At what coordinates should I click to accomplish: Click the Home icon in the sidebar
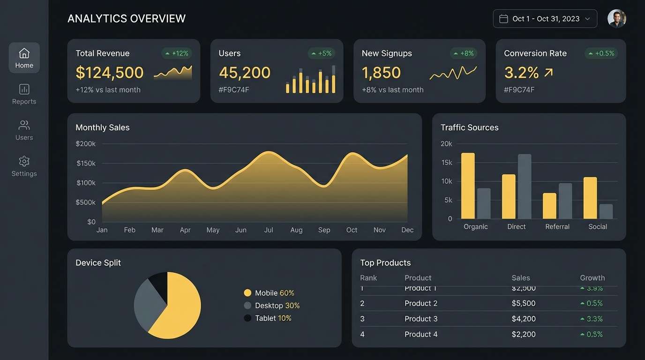coord(24,53)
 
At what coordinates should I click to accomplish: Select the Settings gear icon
coord(24,161)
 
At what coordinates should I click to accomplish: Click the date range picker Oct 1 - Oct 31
coord(545,19)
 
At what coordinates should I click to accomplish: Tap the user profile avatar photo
coord(616,19)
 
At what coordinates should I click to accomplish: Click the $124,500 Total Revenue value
coord(110,73)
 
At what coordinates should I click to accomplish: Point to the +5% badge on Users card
coord(321,53)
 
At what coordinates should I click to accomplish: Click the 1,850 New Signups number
coord(381,73)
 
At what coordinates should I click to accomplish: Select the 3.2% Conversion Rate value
coord(521,73)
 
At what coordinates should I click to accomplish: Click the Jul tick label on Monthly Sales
coord(269,230)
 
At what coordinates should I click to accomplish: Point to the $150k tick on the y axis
coord(86,163)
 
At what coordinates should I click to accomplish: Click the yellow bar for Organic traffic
coord(468,186)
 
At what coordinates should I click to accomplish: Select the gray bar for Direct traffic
coord(525,186)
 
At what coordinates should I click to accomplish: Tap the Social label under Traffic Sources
coord(598,226)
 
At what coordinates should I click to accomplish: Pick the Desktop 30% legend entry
coord(272,306)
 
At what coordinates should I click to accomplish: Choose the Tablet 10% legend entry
coord(268,318)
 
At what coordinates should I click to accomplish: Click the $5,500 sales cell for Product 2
coord(523,303)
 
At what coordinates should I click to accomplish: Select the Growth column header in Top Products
coord(592,277)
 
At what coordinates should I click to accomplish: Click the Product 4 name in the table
coord(421,334)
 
